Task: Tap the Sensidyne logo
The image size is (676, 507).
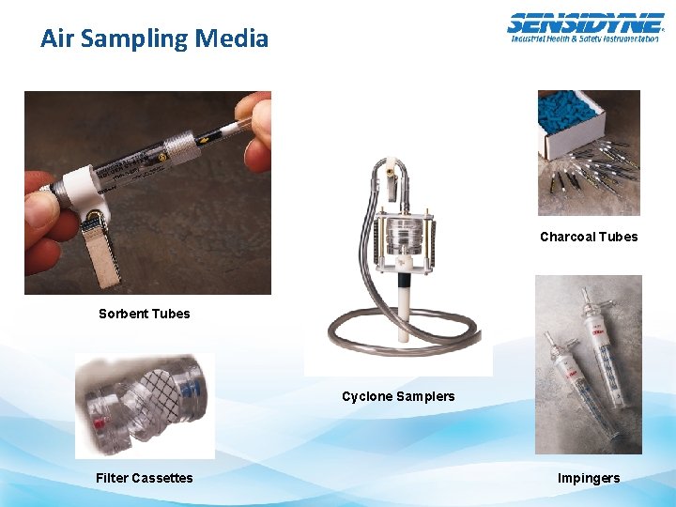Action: coord(584,27)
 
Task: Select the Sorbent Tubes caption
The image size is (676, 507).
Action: coord(144,314)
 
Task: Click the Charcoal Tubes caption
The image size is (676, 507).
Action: coord(589,237)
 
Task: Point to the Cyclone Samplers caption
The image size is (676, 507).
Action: coord(398,396)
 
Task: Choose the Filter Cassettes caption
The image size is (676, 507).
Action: coord(144,478)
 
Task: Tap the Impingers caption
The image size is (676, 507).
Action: coord(589,478)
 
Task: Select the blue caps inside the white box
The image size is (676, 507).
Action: coord(573,114)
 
